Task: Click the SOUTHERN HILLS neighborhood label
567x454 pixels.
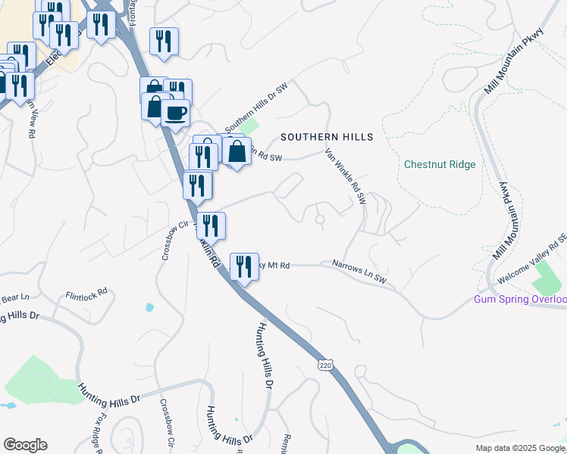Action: coord(327,137)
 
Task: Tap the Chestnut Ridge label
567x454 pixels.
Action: coord(440,164)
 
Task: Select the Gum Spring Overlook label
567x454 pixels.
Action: coord(520,299)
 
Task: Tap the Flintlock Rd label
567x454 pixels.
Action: coord(86,295)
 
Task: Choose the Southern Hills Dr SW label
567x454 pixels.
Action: coord(256,101)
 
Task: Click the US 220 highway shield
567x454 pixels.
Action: coord(325,365)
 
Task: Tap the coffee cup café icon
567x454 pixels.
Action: coord(176,113)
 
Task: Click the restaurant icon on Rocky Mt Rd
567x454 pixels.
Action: coord(243,266)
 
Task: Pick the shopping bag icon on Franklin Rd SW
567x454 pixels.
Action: coord(237,152)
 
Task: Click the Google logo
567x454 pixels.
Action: coord(25,445)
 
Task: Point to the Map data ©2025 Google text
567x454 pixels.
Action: coord(520,448)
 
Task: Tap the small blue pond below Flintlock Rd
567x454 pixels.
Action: coord(149,308)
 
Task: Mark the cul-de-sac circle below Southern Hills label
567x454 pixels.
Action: coord(320,220)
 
